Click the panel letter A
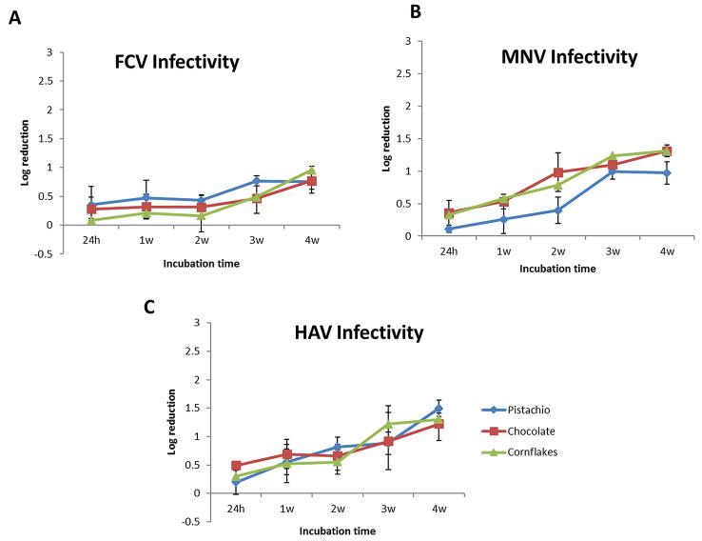[x=14, y=18]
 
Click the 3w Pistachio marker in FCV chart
[x=257, y=180]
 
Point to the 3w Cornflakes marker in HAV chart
[x=388, y=424]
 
